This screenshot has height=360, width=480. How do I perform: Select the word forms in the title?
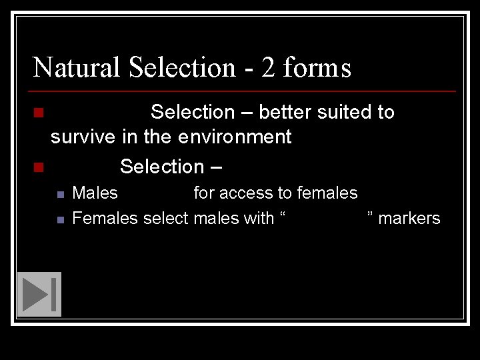(x=317, y=67)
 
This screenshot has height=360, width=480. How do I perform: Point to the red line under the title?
(x=244, y=91)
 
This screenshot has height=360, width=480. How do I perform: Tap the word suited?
(x=344, y=112)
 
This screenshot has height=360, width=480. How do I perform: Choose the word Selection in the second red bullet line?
(x=162, y=166)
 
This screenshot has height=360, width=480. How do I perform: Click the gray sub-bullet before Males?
(x=60, y=195)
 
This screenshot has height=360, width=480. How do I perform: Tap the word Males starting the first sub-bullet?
(x=95, y=193)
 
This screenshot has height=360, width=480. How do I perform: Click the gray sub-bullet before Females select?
(x=60, y=219)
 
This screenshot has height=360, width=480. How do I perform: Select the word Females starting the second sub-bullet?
(x=105, y=218)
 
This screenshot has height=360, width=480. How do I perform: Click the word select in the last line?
(x=166, y=218)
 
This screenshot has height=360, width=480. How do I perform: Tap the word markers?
(x=409, y=218)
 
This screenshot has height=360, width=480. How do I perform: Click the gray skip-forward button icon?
(x=39, y=294)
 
